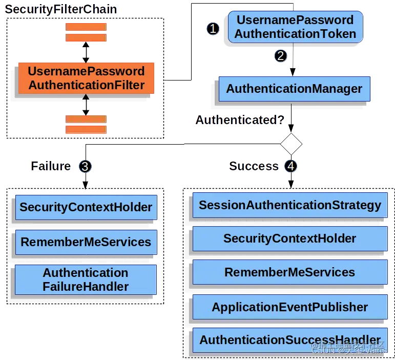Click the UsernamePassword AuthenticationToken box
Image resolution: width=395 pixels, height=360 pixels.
295,27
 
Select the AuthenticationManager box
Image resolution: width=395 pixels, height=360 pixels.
294,89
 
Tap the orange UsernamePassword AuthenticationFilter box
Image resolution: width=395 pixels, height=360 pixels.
86,78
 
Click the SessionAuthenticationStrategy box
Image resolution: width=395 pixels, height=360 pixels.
290,206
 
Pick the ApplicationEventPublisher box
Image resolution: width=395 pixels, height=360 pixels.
290,307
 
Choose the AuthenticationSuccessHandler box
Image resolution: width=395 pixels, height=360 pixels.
290,340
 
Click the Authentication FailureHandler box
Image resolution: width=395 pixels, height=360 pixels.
86,279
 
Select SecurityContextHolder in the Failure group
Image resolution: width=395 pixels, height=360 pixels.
86,208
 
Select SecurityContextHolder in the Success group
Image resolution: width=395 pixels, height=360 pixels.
290,239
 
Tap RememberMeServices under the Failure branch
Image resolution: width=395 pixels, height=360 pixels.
86,242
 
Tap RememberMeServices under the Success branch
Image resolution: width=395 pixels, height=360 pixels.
290,272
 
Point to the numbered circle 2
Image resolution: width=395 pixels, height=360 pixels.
280,56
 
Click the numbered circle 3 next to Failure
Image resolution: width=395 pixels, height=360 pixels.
85,166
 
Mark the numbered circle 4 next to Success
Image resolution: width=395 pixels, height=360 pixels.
291,166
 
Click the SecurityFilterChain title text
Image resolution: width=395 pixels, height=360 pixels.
61,9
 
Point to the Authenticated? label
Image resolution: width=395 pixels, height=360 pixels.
240,121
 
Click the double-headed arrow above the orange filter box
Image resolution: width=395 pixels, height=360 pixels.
86,52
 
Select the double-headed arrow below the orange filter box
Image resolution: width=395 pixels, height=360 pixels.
86,105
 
